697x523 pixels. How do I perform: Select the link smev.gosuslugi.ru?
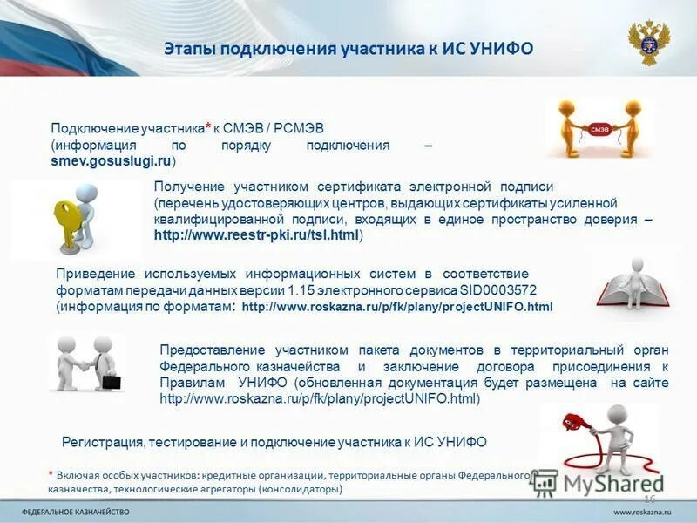pyautogui.click(x=112, y=161)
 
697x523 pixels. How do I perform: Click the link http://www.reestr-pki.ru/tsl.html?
pyautogui.click(x=258, y=235)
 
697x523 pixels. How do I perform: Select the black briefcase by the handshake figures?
pyautogui.click(x=111, y=382)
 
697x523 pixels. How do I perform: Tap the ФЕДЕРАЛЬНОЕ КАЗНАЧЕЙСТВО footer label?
pyautogui.click(x=76, y=510)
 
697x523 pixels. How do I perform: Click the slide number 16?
pyautogui.click(x=648, y=497)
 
